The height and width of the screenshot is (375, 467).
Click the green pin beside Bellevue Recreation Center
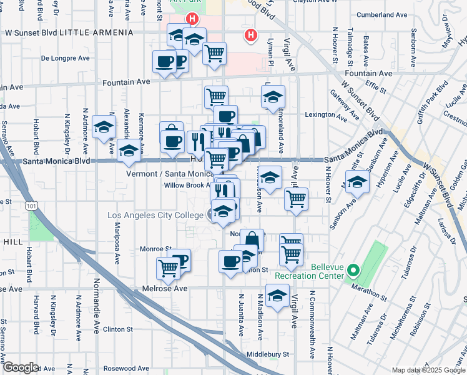353,271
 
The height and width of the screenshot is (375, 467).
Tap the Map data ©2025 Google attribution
428,370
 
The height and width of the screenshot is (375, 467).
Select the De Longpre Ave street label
62,58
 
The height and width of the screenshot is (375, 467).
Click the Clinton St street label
118,329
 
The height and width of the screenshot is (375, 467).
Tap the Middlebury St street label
268,354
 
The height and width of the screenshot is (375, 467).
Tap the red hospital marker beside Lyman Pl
250,36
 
